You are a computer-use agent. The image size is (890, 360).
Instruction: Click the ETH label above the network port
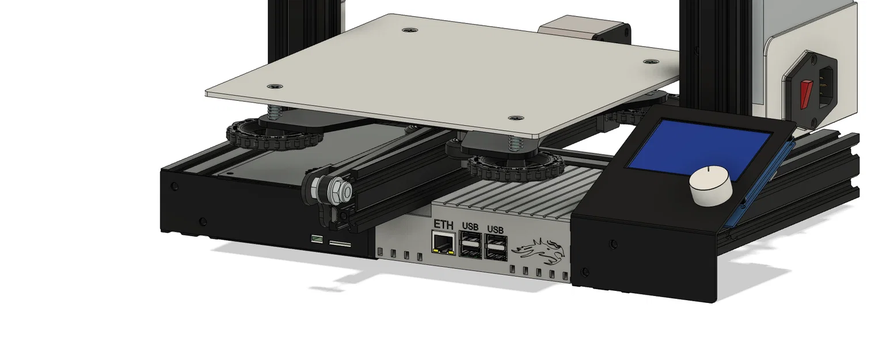coord(443,224)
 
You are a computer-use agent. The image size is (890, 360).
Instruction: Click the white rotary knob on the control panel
coord(711,185)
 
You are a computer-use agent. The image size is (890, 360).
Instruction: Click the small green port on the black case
coord(316,238)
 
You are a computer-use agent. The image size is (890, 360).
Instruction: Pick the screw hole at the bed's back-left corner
coord(409,28)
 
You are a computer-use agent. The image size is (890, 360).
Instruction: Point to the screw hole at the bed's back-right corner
coord(649,60)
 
